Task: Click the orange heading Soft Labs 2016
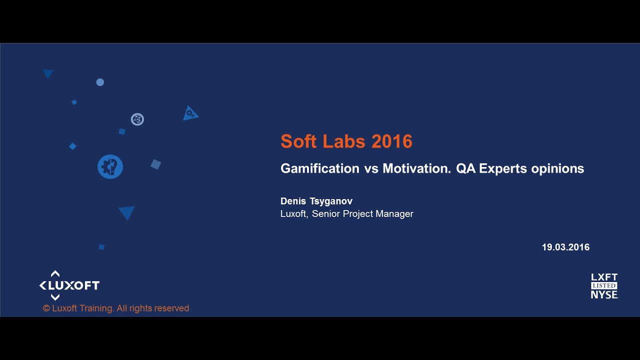tap(346, 141)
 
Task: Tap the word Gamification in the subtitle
tap(319, 168)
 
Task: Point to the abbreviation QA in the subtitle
tap(465, 168)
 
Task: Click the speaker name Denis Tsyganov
tap(316, 201)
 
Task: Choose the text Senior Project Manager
tap(362, 214)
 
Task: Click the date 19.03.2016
tap(565, 247)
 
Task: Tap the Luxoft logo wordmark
tap(69, 285)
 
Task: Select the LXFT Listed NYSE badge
tap(604, 286)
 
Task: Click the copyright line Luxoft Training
tap(116, 308)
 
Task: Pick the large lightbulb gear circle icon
tap(110, 167)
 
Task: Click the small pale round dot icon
tap(100, 82)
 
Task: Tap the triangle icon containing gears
tap(190, 114)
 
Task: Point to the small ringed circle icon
tap(137, 119)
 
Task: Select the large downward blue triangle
tap(127, 212)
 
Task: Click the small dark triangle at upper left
tap(48, 73)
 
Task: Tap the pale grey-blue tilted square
tap(156, 164)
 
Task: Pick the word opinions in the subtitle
tap(557, 168)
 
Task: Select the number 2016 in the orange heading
tap(392, 141)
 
